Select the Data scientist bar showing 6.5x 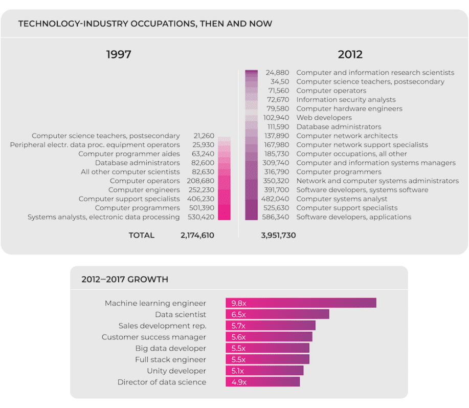[277, 314]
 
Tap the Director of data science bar [262, 382]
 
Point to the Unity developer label [176, 371]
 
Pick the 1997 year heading [119, 55]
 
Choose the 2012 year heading [350, 55]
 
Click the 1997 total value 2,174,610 [197, 235]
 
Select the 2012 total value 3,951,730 [278, 235]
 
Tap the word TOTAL [141, 235]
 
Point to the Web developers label [324, 118]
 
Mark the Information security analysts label [346, 100]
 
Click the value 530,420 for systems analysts [200, 217]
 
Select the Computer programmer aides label [129, 154]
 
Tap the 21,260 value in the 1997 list [204, 136]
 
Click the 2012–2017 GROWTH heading [125, 280]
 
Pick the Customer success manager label [154, 337]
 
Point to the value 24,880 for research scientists [277, 73]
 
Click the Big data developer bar [267, 348]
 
